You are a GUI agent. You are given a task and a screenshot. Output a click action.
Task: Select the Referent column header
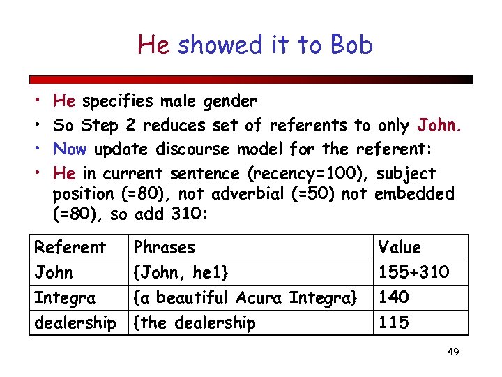[x=70, y=247]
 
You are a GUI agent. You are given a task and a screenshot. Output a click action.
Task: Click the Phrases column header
[x=164, y=247]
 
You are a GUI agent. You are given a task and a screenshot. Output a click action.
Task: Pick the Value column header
[x=400, y=247]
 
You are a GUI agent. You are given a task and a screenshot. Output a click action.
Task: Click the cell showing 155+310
[x=413, y=272]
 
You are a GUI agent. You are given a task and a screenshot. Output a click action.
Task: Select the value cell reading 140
[x=393, y=297]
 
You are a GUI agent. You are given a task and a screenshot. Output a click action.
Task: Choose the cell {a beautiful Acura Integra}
[x=245, y=297]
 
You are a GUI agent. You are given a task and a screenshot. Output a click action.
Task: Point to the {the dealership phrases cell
[x=195, y=323]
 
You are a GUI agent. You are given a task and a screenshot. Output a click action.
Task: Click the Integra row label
[x=65, y=297]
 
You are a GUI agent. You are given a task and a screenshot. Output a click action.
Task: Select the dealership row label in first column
[x=75, y=323]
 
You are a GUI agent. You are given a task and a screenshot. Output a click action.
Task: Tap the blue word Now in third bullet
[x=70, y=149]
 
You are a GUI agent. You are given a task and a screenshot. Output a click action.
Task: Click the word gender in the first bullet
[x=230, y=102]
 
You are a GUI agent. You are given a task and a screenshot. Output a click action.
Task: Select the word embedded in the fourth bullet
[x=414, y=193]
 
